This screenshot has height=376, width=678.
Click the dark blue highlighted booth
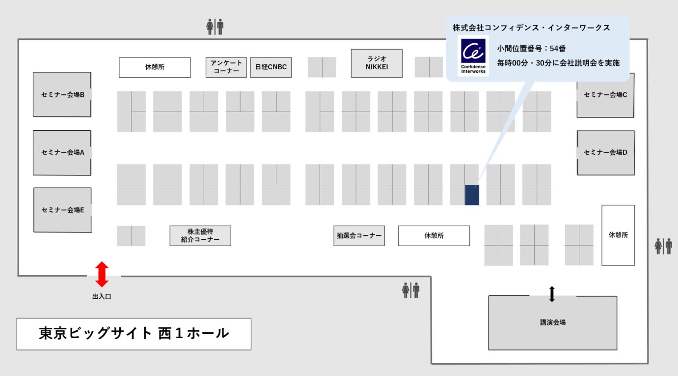point(472,195)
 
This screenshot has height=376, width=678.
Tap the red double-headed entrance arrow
point(102,274)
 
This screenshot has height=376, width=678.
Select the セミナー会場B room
point(62,94)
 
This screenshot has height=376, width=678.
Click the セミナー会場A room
point(62,152)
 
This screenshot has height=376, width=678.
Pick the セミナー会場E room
point(62,210)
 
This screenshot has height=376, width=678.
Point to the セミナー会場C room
point(605,95)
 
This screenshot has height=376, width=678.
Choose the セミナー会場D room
point(606,152)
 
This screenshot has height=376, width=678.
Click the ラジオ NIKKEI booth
point(377,63)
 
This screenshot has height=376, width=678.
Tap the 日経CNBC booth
point(271,67)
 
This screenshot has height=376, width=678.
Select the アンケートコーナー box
point(226,67)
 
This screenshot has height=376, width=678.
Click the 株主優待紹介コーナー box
point(200,235)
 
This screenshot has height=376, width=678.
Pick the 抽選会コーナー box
point(359,235)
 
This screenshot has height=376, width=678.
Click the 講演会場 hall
point(552,322)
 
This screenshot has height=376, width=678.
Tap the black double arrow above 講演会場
point(552,294)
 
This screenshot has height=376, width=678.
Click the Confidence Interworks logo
point(473,55)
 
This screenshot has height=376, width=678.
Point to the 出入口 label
point(102,296)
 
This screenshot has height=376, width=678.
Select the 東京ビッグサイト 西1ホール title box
point(134,334)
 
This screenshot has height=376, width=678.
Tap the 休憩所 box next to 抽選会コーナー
point(434,235)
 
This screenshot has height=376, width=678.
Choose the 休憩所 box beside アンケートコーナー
point(155,67)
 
